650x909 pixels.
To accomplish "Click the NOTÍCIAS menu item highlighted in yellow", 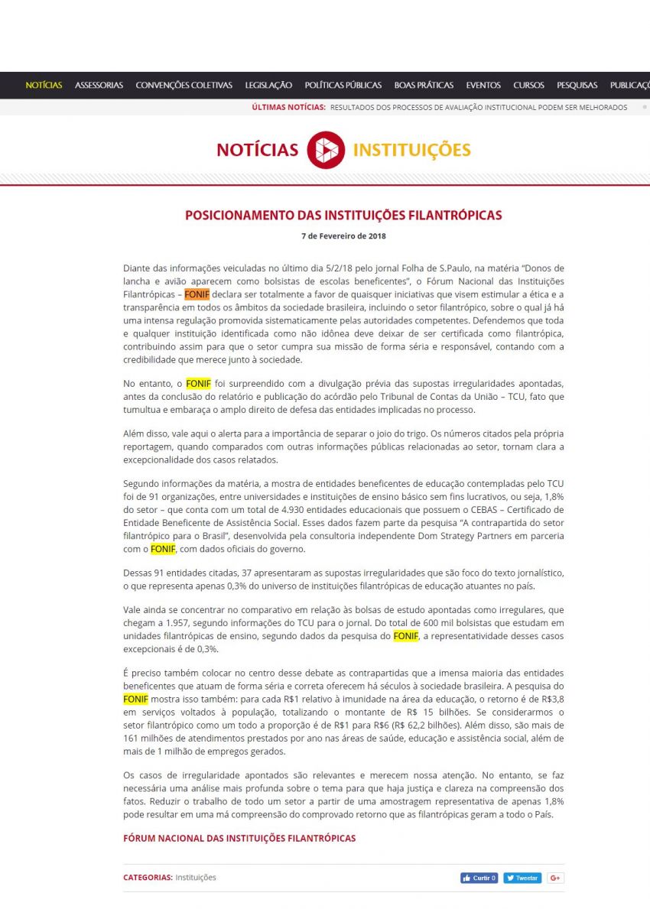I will point(44,86).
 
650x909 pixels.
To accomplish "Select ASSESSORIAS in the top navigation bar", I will point(99,86).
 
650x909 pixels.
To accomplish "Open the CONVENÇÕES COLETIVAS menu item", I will point(184,86).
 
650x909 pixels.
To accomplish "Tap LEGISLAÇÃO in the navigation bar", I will point(268,86).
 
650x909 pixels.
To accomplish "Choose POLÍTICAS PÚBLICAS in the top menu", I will point(343,86).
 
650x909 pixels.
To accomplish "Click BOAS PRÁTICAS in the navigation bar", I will point(424,86).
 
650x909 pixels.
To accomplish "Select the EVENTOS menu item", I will point(483,86).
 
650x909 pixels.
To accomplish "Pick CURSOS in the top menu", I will point(528,86).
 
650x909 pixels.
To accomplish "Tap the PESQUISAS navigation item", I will point(577,86).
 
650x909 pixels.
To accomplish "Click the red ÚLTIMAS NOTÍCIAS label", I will point(288,108).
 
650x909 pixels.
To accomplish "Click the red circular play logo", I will point(326,150).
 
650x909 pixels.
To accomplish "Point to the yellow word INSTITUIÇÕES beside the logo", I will point(411,150).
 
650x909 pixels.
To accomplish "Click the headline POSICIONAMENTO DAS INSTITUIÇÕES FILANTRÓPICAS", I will point(343,216).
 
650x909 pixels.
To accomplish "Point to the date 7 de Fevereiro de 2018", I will point(343,236).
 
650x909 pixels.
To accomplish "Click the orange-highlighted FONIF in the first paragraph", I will point(197,294).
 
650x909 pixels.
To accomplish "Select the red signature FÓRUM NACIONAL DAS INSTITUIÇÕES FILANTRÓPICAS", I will point(239,839).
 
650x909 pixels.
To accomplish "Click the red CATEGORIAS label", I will point(148,878).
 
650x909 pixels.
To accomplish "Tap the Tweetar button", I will point(522,878).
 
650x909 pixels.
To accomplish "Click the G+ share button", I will point(555,878).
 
